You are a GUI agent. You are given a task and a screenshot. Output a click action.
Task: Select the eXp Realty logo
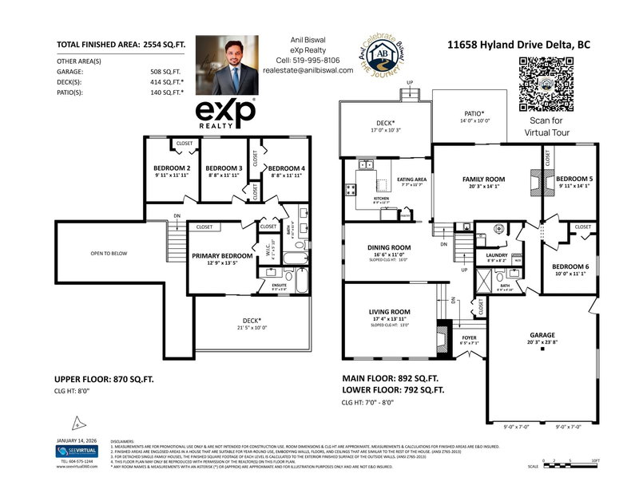tap(226, 113)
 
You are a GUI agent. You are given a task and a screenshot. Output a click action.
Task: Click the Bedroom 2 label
tap(172, 168)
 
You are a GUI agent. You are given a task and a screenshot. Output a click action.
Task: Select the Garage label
tap(541, 336)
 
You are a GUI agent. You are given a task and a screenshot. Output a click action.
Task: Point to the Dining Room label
tap(389, 247)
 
